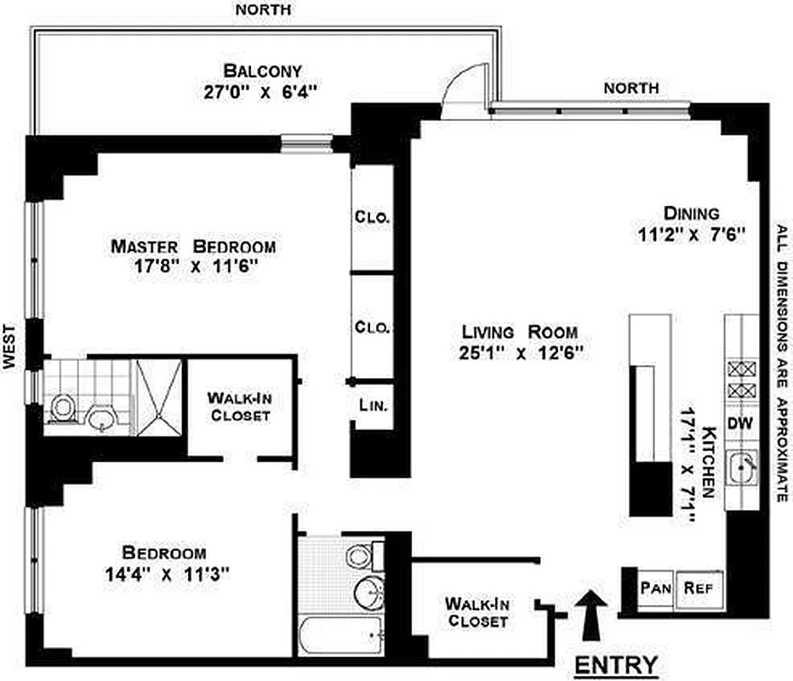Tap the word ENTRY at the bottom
coord(616,663)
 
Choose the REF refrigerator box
coord(699,587)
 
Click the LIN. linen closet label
coord(372,407)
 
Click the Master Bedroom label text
coord(194,247)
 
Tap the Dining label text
coord(690,213)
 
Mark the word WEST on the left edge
coord(10,345)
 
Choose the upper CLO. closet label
coord(372,217)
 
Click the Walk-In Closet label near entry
coord(476,613)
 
